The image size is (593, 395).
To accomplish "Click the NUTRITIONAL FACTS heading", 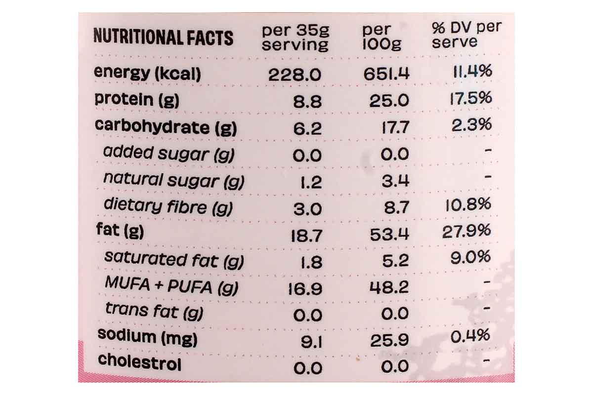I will click(x=163, y=38).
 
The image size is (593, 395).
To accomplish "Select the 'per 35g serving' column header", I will click(x=295, y=38).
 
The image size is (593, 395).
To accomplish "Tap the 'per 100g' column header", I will click(x=381, y=38).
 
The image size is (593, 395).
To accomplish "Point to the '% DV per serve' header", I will click(x=466, y=35).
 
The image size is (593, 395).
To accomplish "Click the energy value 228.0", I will click(x=295, y=75).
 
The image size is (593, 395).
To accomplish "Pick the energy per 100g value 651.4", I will click(x=387, y=74).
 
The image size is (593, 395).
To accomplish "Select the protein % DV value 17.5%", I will click(x=471, y=98).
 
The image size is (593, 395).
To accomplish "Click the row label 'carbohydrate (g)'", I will click(x=166, y=127).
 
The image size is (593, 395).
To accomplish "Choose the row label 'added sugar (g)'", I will click(x=169, y=154).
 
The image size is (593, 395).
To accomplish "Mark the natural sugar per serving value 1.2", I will click(x=311, y=182).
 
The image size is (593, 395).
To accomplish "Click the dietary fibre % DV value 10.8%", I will click(x=468, y=204).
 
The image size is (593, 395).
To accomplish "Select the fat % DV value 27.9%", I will click(x=466, y=231).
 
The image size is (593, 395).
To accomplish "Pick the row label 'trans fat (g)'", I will click(x=154, y=311).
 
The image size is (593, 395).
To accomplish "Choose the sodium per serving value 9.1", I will click(x=311, y=341).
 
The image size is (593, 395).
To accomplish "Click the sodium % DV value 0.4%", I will click(x=470, y=336).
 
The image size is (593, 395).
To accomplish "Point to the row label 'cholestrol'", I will click(x=139, y=362).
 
